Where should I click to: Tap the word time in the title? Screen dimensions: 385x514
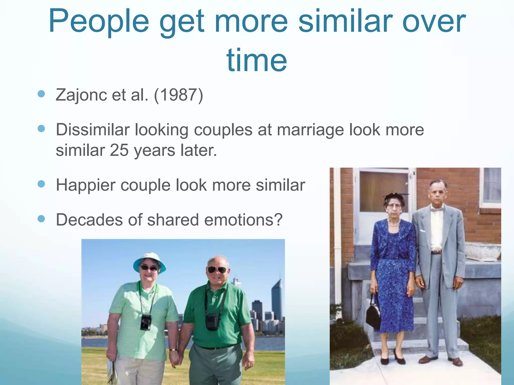(x=256, y=60)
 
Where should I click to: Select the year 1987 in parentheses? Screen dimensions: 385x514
(x=178, y=95)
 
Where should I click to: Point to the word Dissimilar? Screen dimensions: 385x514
(x=93, y=130)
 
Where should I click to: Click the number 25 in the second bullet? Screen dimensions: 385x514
(x=119, y=150)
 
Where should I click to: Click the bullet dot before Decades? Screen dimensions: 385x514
(x=41, y=219)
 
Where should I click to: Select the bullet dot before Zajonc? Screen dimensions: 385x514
(x=41, y=94)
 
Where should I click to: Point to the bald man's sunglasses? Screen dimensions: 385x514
(x=217, y=270)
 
